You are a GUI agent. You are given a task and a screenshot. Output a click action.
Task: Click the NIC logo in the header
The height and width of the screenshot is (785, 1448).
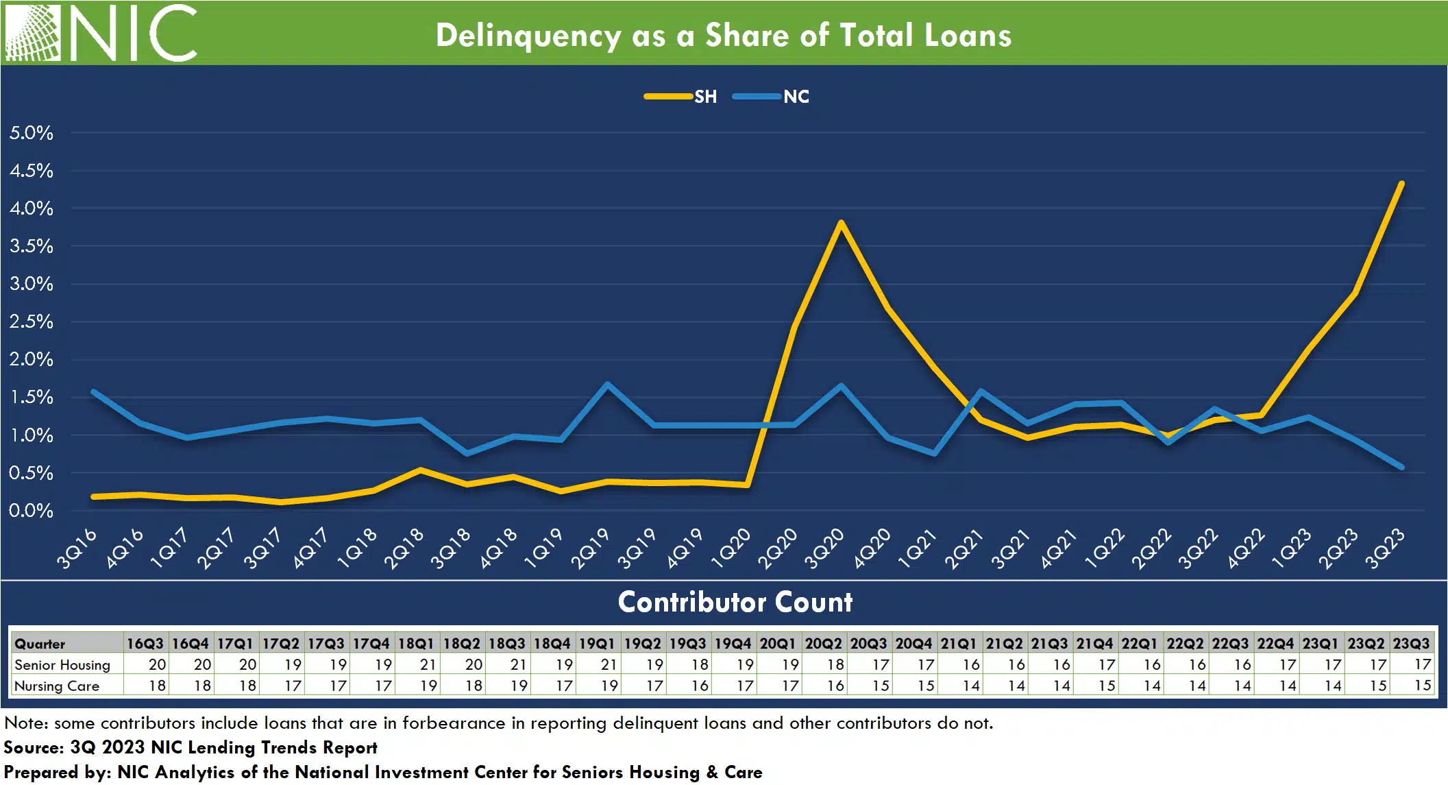101,33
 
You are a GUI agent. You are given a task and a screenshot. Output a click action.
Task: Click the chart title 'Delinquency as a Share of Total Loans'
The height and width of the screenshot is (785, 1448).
723,36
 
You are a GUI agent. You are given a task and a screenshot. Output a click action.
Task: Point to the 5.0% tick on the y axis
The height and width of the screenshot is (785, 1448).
32,133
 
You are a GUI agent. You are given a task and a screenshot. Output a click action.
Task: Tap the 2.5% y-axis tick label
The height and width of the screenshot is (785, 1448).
32,322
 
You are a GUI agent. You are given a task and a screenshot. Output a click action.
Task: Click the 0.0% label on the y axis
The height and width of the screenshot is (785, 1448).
32,511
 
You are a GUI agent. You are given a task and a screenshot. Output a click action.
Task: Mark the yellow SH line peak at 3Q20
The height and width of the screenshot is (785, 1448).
841,223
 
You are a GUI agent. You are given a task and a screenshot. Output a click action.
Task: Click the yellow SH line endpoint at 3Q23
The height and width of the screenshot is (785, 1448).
1401,184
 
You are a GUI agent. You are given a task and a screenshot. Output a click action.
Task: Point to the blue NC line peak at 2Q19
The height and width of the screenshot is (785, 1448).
607,384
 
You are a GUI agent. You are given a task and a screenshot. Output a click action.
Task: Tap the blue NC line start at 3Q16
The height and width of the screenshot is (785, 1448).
94,391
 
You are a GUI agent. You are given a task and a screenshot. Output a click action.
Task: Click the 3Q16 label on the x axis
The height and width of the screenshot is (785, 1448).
77,548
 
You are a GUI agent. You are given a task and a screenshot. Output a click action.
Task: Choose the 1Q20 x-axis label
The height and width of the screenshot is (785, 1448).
731,548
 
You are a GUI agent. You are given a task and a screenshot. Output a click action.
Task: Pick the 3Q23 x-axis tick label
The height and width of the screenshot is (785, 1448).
1385,548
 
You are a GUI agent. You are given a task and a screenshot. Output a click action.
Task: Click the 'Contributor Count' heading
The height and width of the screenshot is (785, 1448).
735,602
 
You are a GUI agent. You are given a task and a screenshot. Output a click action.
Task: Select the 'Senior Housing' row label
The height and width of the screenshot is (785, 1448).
62,664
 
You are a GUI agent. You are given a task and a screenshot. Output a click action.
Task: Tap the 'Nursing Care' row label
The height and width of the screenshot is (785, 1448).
57,686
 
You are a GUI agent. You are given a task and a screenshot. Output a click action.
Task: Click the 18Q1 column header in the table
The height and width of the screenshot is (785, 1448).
416,644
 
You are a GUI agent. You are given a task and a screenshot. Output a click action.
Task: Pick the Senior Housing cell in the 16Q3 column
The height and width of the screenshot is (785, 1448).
157,664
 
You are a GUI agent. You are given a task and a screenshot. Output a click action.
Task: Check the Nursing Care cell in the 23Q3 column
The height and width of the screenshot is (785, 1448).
1422,686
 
